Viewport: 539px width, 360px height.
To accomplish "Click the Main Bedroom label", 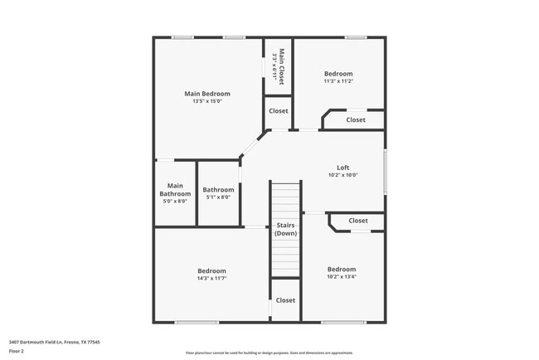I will pos(206,94).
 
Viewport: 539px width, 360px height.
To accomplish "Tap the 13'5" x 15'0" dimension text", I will pos(206,102).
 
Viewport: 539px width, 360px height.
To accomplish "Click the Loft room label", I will pos(342,168).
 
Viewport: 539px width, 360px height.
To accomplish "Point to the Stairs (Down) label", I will pos(286,229).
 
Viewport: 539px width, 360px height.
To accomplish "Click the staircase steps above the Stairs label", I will pos(286,199).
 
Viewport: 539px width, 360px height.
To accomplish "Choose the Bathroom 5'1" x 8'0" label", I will pos(219,192).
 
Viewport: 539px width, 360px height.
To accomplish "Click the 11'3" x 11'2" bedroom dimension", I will pos(338,81).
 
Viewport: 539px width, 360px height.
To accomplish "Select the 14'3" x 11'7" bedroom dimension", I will pos(212,278).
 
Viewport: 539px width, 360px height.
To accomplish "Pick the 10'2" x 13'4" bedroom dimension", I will pos(342,277).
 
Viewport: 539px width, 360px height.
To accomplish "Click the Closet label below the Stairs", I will pos(285,300).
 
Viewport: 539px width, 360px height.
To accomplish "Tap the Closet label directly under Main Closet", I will pos(278,110).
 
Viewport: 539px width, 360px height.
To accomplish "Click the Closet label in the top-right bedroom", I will pos(356,120).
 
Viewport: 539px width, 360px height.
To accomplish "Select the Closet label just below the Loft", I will pos(358,221).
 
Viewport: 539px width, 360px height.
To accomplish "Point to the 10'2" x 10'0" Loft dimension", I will pos(342,175).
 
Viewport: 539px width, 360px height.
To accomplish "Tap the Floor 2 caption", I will pos(17,351).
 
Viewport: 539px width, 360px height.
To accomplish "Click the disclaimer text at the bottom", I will pos(269,353).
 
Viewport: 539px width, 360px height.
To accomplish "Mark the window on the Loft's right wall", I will pos(385,172).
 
